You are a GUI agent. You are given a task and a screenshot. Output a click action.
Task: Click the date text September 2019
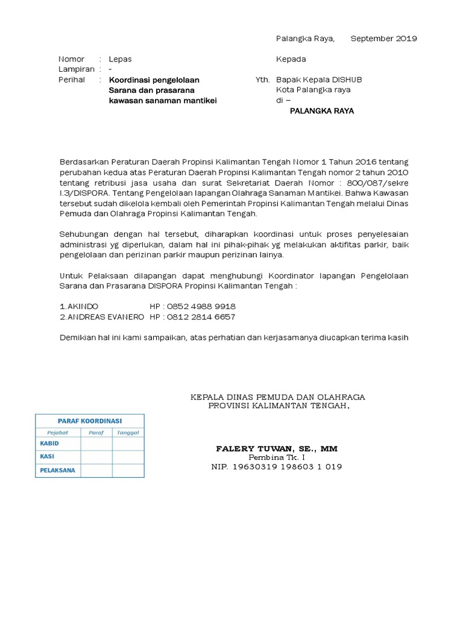pyautogui.click(x=383, y=39)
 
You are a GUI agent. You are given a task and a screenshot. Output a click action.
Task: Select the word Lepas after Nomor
pyautogui.click(x=120, y=59)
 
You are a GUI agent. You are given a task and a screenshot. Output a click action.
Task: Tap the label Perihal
pyautogui.click(x=71, y=80)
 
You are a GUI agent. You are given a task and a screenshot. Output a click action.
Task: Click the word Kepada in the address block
pyautogui.click(x=291, y=59)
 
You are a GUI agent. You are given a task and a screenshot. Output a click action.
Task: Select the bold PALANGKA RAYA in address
pyautogui.click(x=322, y=111)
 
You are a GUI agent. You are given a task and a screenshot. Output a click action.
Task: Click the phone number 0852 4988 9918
pyautogui.click(x=200, y=306)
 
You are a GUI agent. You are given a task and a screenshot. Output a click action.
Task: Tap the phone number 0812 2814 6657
pyautogui.click(x=200, y=316)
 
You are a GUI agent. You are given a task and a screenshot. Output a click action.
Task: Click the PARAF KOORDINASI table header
pyautogui.click(x=90, y=421)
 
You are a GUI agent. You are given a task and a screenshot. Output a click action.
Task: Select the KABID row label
pyautogui.click(x=49, y=443)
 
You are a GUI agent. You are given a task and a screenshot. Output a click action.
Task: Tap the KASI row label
pyautogui.click(x=47, y=457)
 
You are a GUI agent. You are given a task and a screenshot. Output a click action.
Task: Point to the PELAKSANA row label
pyautogui.click(x=57, y=470)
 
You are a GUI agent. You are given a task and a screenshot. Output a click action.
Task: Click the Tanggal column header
pyautogui.click(x=128, y=432)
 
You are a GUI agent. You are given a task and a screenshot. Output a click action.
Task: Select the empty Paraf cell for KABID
pyautogui.click(x=96, y=443)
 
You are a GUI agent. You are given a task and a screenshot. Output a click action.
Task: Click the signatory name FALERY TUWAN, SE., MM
pyautogui.click(x=277, y=449)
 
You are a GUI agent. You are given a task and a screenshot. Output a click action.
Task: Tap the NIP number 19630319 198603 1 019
pyautogui.click(x=277, y=467)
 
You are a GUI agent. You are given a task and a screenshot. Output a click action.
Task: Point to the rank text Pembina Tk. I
pyautogui.click(x=277, y=458)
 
